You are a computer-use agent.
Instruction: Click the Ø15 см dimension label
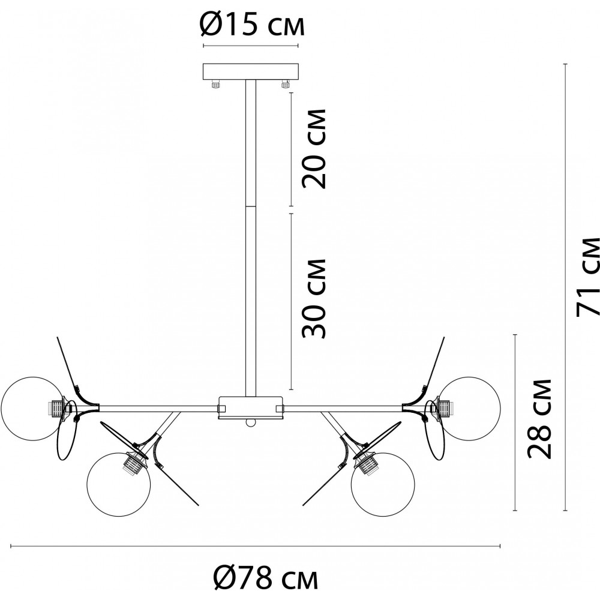pyautogui.click(x=252, y=25)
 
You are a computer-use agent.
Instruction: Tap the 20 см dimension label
pyautogui.click(x=314, y=149)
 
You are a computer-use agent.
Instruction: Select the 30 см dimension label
pyautogui.click(x=314, y=298)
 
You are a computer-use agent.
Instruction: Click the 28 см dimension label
pyautogui.click(x=539, y=419)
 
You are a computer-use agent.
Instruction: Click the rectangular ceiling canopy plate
pyautogui.click(x=251, y=71)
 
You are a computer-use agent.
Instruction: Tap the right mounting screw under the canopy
pyautogui.click(x=284, y=84)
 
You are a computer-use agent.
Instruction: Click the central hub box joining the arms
pyautogui.click(x=251, y=407)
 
